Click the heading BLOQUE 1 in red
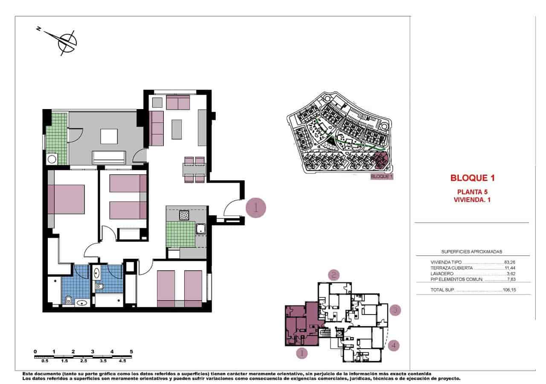472,178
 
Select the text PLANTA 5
472,192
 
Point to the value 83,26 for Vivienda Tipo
510,263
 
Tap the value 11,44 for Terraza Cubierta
511,268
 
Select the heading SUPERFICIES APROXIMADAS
471,252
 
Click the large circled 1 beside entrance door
256,208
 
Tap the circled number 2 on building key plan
334,275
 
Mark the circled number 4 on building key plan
394,345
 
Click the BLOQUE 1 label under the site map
381,176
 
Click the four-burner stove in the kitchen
184,215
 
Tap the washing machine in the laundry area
52,159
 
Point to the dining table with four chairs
195,170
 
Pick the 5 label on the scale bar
131,352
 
